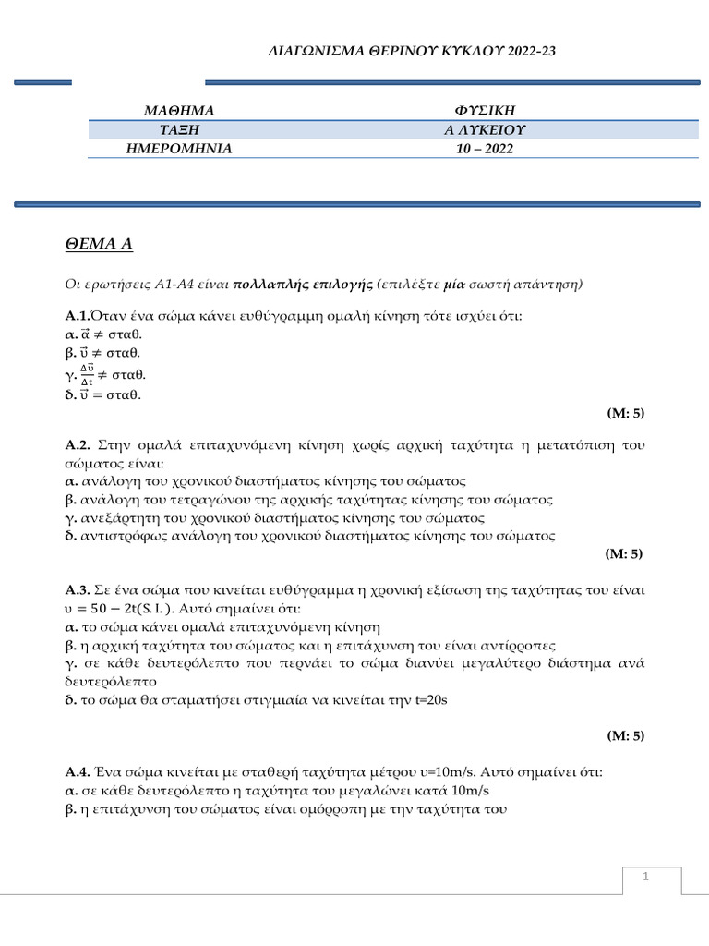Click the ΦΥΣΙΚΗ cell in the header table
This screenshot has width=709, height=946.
pos(486,112)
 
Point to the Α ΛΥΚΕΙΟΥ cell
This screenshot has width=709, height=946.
pos(486,130)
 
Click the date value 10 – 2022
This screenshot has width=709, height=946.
pos(486,148)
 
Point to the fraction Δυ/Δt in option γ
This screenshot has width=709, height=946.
pos(85,375)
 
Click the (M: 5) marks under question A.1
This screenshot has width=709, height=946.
pos(624,412)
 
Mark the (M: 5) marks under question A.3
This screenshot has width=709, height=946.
pos(624,735)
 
